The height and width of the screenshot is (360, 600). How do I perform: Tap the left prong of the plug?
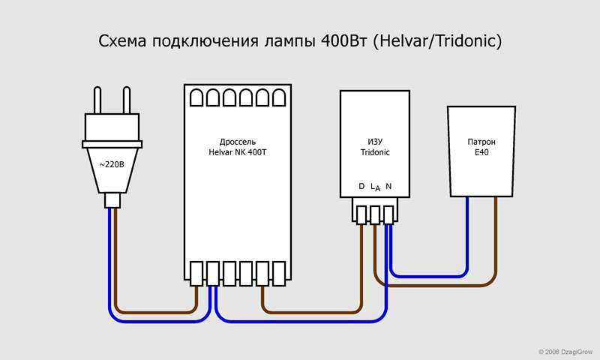pyautogui.click(x=97, y=100)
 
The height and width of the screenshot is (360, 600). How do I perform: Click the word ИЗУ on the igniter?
pyautogui.click(x=374, y=140)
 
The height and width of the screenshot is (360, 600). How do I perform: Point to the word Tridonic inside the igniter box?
pyautogui.click(x=374, y=152)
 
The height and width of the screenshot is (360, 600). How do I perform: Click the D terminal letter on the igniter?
pyautogui.click(x=361, y=186)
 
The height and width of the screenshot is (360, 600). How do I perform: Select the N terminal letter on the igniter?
pyautogui.click(x=388, y=186)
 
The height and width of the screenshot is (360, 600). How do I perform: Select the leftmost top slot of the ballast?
pyautogui.click(x=196, y=97)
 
